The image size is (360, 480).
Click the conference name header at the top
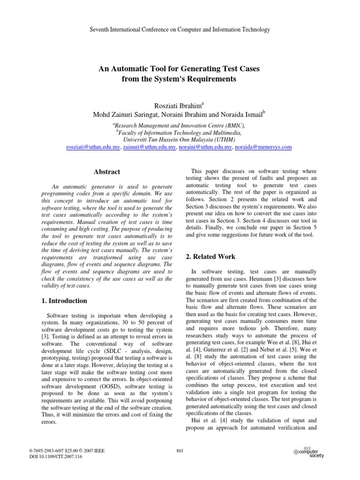(180, 30)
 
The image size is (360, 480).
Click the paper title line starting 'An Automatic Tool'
(180, 68)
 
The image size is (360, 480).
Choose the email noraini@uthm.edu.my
(206, 147)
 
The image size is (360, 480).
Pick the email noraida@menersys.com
(264, 147)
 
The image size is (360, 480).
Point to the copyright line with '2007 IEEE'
(67, 450)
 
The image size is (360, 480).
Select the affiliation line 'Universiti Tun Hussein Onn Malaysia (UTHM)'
(179, 140)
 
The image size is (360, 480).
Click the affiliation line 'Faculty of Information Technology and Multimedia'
(179, 133)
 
